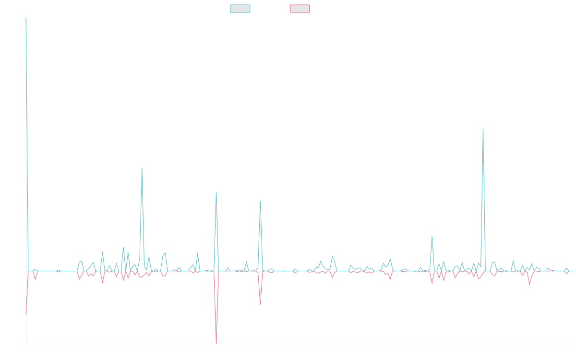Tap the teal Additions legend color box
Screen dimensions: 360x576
240,9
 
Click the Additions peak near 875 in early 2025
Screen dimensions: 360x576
483,129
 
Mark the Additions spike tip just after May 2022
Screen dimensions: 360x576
142,168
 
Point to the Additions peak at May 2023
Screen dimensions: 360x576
260,201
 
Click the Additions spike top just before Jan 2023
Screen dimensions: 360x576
216,192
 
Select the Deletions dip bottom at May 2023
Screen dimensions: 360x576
260,304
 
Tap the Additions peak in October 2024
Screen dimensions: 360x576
432,237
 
